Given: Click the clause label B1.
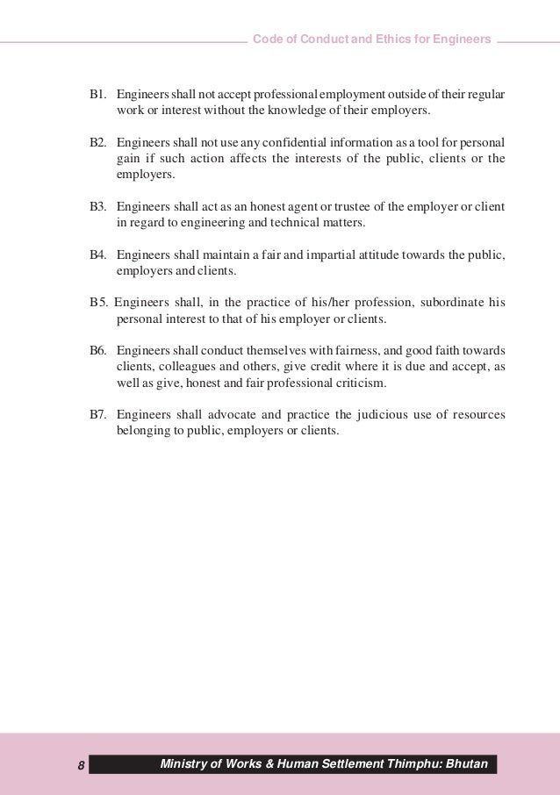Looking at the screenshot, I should click(97, 93).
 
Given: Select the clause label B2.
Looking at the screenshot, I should click(97, 142).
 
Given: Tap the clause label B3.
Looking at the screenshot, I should click(97, 207).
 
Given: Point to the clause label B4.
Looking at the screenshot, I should click(97, 255).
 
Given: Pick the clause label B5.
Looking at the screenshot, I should click(98, 304).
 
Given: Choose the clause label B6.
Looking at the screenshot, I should click(97, 351).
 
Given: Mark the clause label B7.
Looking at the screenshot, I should click(97, 416).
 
